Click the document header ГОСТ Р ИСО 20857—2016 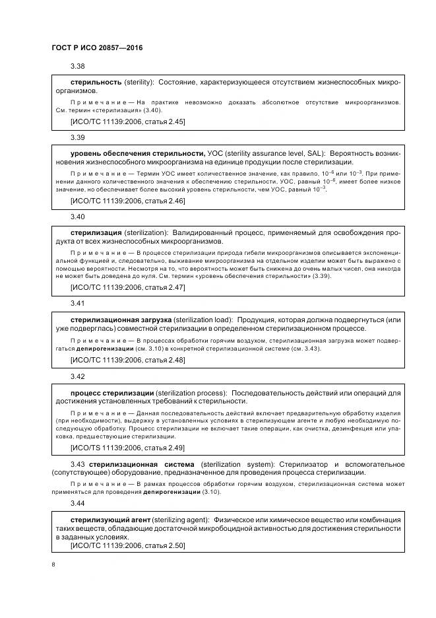pos(97,49)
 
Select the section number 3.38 pos(78,66)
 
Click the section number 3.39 pos(78,137)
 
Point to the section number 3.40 pos(78,217)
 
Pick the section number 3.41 pos(78,303)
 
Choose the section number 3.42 pos(78,376)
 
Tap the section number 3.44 pos(78,503)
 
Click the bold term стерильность pos(96,82)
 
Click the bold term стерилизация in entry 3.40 pos(96,232)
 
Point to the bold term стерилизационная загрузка pos(121,319)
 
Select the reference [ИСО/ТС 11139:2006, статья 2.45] pos(127,121)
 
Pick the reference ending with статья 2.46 pos(127,201)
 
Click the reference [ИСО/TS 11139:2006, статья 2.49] pos(127,447)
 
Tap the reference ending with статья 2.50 pos(127,545)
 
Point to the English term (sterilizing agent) pos(185,520)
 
